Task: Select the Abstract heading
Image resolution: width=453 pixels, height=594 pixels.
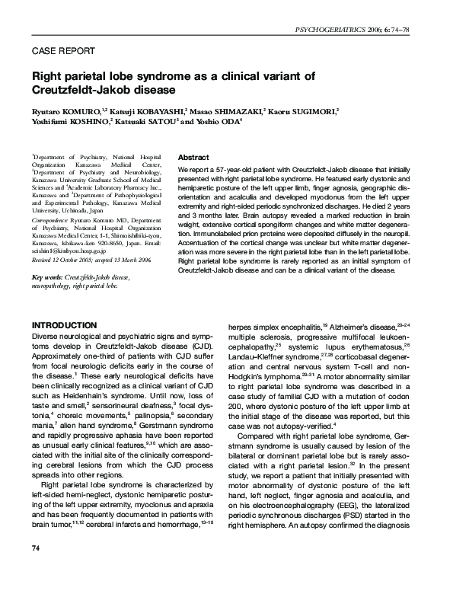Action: tap(193, 156)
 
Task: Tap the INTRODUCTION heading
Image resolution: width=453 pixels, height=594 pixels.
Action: tap(64, 325)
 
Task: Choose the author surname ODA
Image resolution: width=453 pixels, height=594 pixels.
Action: tap(228, 121)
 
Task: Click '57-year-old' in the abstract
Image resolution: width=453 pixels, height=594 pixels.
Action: tap(229, 169)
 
